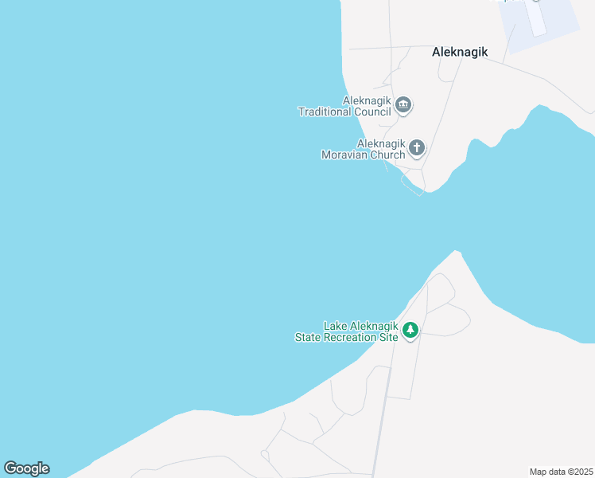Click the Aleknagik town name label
tap(459, 52)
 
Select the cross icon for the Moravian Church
tap(417, 147)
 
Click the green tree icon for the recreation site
tap(410, 330)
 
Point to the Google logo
tap(26, 468)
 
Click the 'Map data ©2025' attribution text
tap(561, 472)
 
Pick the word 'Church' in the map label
tap(387, 155)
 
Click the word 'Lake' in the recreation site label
tap(334, 326)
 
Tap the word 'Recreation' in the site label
tap(349, 338)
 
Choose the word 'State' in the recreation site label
tap(308, 338)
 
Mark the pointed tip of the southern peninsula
tap(456, 252)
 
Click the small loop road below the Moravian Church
tap(413, 185)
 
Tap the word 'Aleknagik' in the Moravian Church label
tap(381, 144)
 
